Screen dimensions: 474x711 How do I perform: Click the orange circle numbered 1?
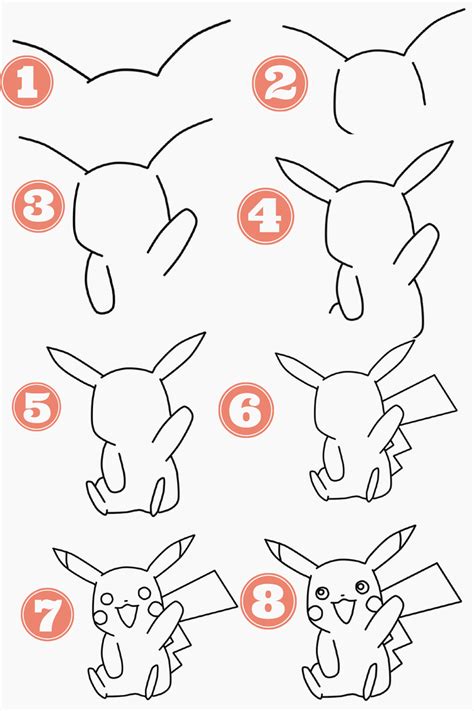(x=27, y=82)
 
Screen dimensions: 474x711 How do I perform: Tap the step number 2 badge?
(x=280, y=83)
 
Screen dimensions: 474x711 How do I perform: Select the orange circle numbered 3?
(x=39, y=206)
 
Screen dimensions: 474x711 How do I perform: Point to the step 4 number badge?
(x=266, y=216)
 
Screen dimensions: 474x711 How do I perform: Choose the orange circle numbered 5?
(x=36, y=407)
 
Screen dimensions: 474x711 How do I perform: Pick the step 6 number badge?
(x=246, y=410)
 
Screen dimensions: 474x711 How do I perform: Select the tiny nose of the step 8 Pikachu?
(x=343, y=594)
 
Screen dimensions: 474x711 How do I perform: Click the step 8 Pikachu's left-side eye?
(x=323, y=592)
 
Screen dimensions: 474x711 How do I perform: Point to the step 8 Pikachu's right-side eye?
(x=362, y=586)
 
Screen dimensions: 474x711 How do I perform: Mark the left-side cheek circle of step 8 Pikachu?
(x=315, y=613)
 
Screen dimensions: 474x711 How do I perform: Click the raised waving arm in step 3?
(x=172, y=243)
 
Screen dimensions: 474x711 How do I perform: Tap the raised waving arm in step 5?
(x=172, y=431)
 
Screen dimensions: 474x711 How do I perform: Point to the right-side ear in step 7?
(x=171, y=555)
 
